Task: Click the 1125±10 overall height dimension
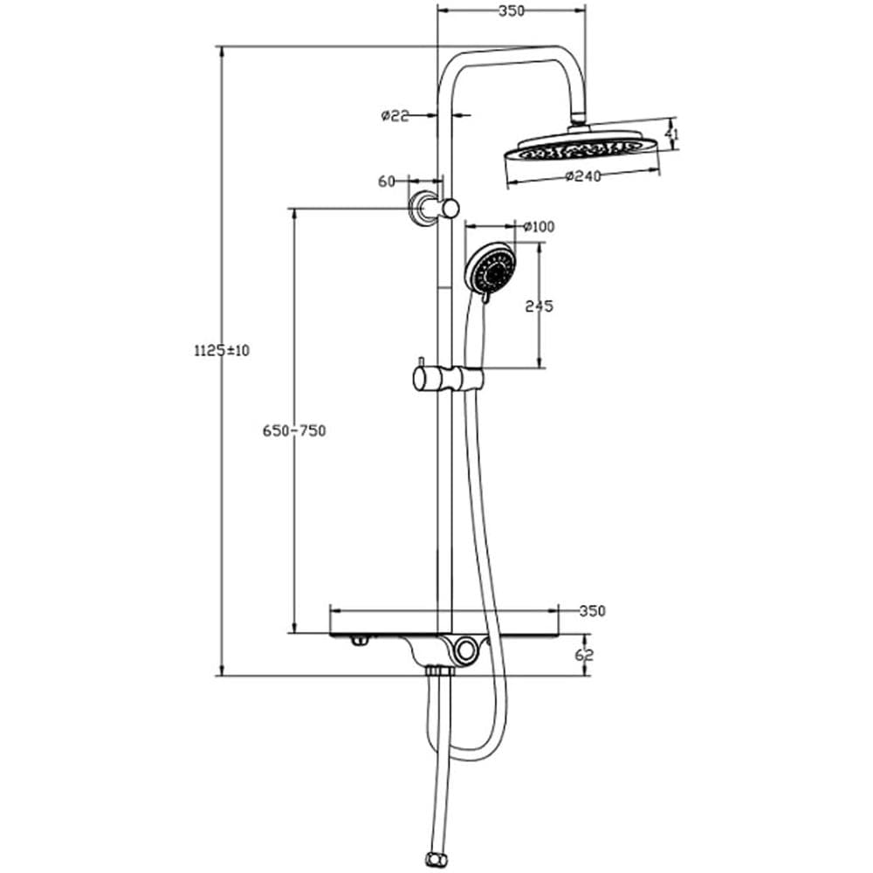222,351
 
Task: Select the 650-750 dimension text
294,430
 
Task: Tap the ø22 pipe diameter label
395,116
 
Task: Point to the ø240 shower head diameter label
583,176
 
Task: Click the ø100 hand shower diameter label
539,227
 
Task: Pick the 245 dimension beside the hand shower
539,306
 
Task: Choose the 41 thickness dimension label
673,134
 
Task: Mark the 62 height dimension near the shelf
585,655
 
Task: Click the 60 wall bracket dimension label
387,182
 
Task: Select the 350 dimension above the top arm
511,10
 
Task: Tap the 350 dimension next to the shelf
592,611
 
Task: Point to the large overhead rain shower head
581,146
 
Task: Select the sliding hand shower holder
449,379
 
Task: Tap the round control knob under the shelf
465,649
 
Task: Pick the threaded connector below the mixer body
440,672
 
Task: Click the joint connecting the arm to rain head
579,116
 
